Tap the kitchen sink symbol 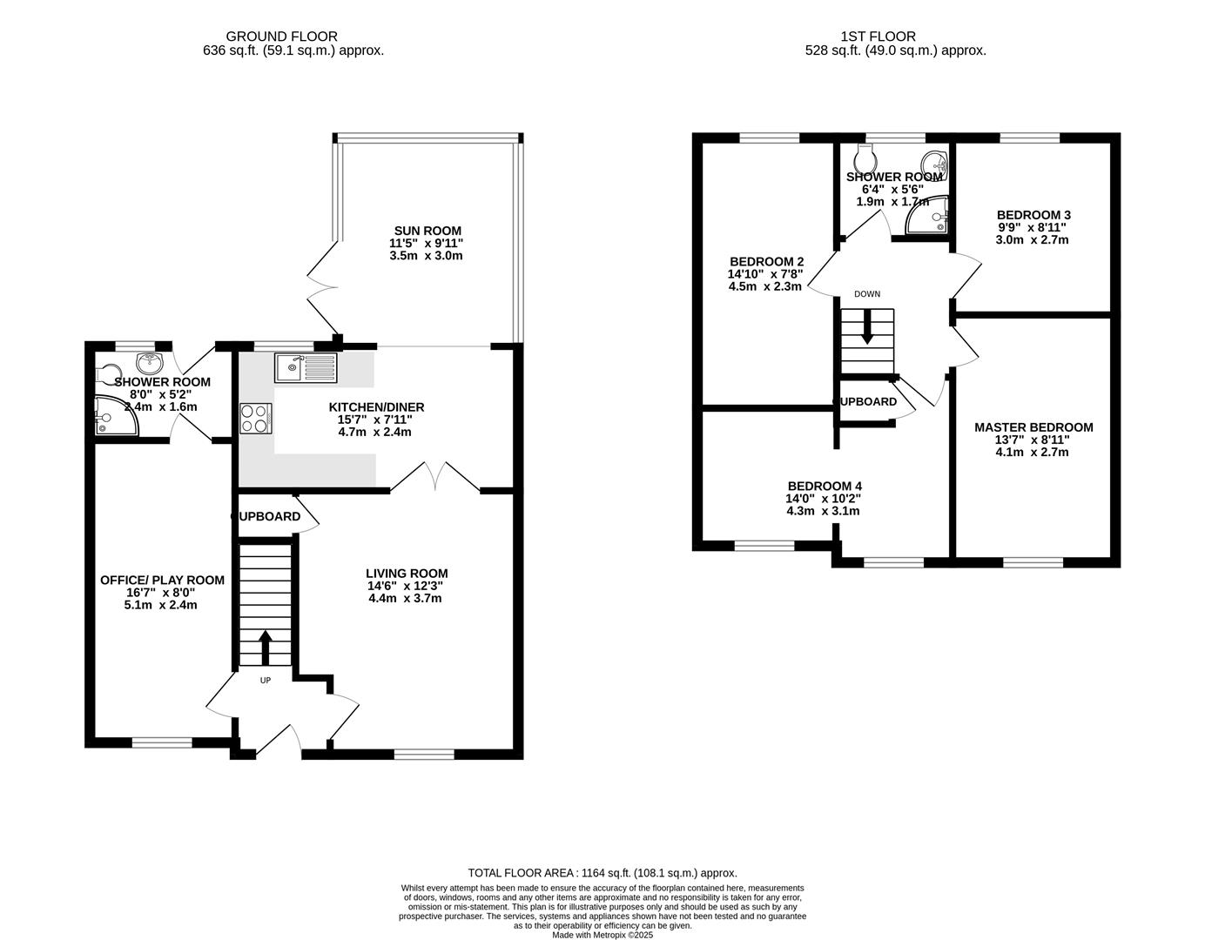[x=305, y=367]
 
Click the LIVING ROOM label [x=407, y=573]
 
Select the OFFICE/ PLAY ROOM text [x=162, y=580]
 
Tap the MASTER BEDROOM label [x=1033, y=427]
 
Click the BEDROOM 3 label [x=1033, y=215]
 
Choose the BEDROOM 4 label [x=825, y=486]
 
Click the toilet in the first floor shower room [x=865, y=158]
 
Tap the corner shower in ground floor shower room [x=114, y=417]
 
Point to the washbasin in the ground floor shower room [x=148, y=362]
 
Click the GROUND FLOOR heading [x=281, y=37]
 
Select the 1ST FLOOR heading [x=878, y=37]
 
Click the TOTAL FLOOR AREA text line [x=602, y=873]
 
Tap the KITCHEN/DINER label [x=376, y=407]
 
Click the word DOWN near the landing [x=867, y=294]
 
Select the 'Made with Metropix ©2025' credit [x=602, y=935]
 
